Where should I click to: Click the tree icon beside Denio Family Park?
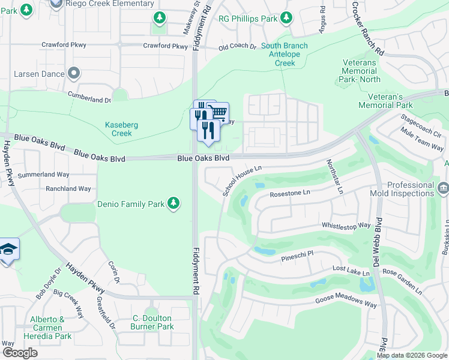173,204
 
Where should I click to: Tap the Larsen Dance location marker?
74,74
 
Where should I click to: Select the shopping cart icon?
219,112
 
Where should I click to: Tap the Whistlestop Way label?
346,226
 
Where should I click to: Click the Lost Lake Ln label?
351,272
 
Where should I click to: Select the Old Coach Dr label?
237,47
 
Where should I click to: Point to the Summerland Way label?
66,175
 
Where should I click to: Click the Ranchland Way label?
68,188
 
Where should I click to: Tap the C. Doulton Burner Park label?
152,322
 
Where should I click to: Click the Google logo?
20,353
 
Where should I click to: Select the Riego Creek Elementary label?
103,4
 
